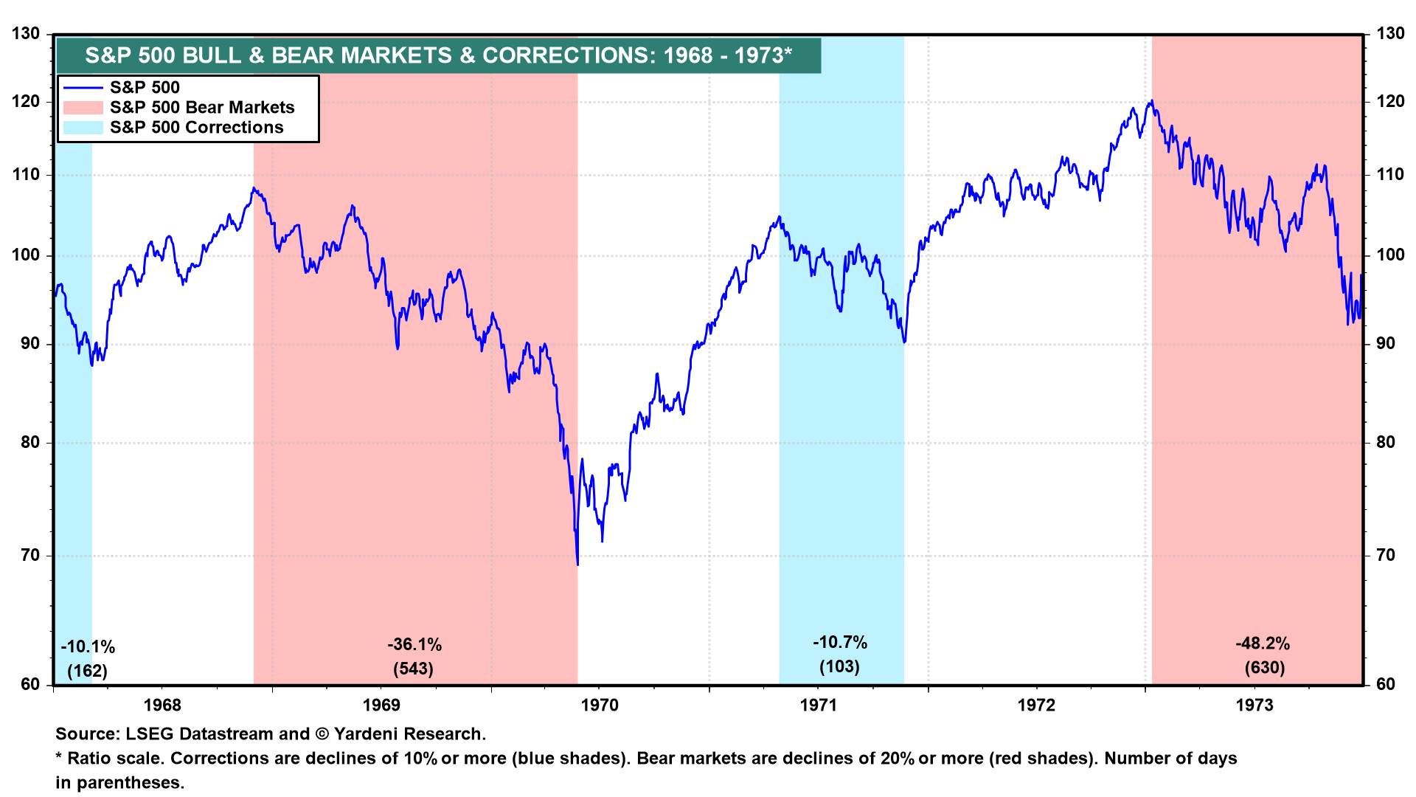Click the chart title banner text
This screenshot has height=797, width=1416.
click(438, 55)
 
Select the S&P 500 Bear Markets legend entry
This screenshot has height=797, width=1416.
click(202, 108)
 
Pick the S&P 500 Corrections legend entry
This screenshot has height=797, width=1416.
click(196, 128)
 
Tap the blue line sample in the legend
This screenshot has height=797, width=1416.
click(83, 88)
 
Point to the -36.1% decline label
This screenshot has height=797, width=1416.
click(414, 645)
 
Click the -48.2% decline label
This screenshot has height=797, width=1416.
click(1263, 644)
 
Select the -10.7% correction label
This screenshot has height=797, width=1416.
click(840, 642)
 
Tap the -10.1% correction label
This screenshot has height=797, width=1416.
click(88, 647)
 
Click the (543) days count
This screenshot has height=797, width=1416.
click(413, 669)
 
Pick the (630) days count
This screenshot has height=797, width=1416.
click(1265, 668)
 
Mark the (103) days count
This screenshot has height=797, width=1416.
click(839, 666)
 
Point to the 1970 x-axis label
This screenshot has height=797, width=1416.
click(600, 705)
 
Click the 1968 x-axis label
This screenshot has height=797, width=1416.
click(162, 705)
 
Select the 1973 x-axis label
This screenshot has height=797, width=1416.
click(1254, 705)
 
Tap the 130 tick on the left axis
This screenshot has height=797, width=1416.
click(26, 34)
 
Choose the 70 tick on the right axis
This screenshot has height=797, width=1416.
click(1386, 556)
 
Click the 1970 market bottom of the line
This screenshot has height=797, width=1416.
click(577, 565)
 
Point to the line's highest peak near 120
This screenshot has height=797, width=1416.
click(1151, 101)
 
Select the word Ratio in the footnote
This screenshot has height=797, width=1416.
click(90, 759)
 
